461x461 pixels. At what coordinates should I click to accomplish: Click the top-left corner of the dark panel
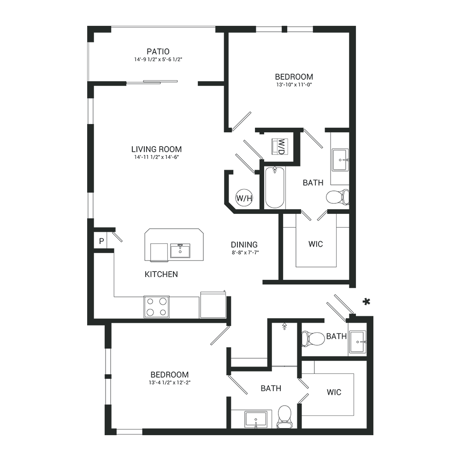(x=87, y=26)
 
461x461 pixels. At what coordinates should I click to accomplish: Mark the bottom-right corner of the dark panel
(x=373, y=435)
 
